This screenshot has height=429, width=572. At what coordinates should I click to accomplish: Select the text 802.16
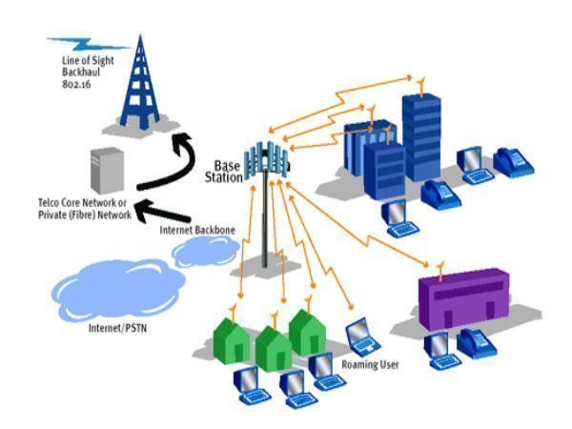point(68,84)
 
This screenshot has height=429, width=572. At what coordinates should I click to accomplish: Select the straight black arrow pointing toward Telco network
point(172,211)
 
